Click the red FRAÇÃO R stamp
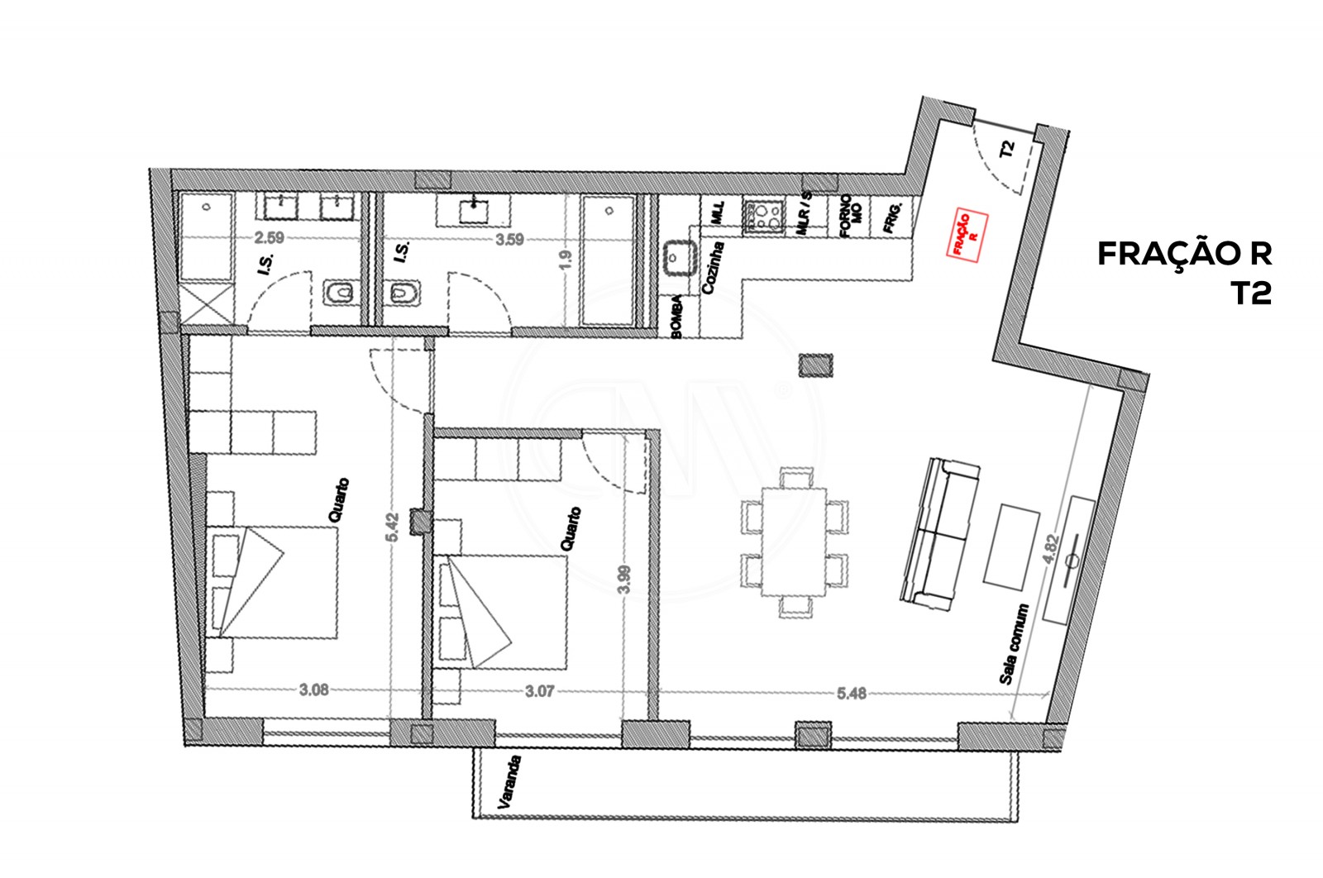point(967,235)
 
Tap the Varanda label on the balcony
point(509,781)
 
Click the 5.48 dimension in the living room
point(851,693)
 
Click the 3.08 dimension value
point(313,690)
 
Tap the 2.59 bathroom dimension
point(269,238)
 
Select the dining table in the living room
point(794,542)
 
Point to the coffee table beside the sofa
point(1011,547)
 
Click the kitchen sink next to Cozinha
point(680,257)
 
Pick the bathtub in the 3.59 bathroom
point(609,260)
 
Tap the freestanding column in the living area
point(816,364)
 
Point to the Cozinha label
point(712,267)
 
